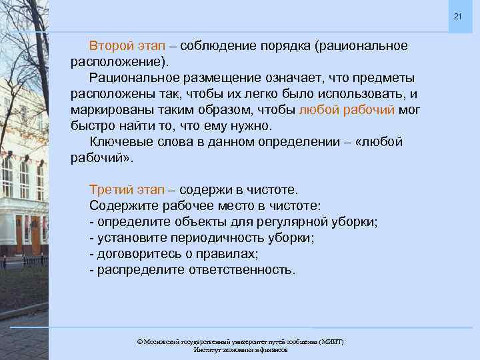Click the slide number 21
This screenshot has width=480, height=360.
click(x=457, y=16)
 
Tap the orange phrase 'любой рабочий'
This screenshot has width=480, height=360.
click(x=347, y=109)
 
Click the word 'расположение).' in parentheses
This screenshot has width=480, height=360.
click(x=120, y=62)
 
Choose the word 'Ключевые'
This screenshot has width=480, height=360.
click(x=117, y=141)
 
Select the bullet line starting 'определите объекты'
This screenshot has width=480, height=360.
click(x=233, y=221)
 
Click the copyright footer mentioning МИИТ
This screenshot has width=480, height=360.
click(x=240, y=341)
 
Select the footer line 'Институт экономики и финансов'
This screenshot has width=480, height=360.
click(x=240, y=349)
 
